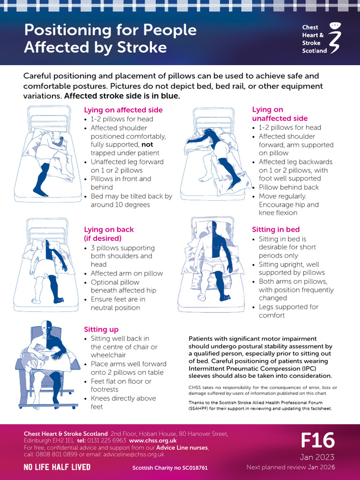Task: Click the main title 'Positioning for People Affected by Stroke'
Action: (110, 38)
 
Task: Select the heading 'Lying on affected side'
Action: (123, 110)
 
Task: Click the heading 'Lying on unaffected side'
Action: (280, 114)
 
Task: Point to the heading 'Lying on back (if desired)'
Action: (109, 234)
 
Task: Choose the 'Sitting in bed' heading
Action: (276, 230)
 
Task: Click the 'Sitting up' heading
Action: (101, 330)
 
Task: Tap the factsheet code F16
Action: (317, 441)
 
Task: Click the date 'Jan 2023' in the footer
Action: (317, 457)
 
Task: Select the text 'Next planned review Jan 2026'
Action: (291, 467)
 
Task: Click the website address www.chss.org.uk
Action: (153, 441)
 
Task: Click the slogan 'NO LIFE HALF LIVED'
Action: (57, 467)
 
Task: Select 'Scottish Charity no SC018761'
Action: (170, 468)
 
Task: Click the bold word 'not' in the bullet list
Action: (147, 145)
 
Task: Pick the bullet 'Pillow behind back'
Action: (289, 187)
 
